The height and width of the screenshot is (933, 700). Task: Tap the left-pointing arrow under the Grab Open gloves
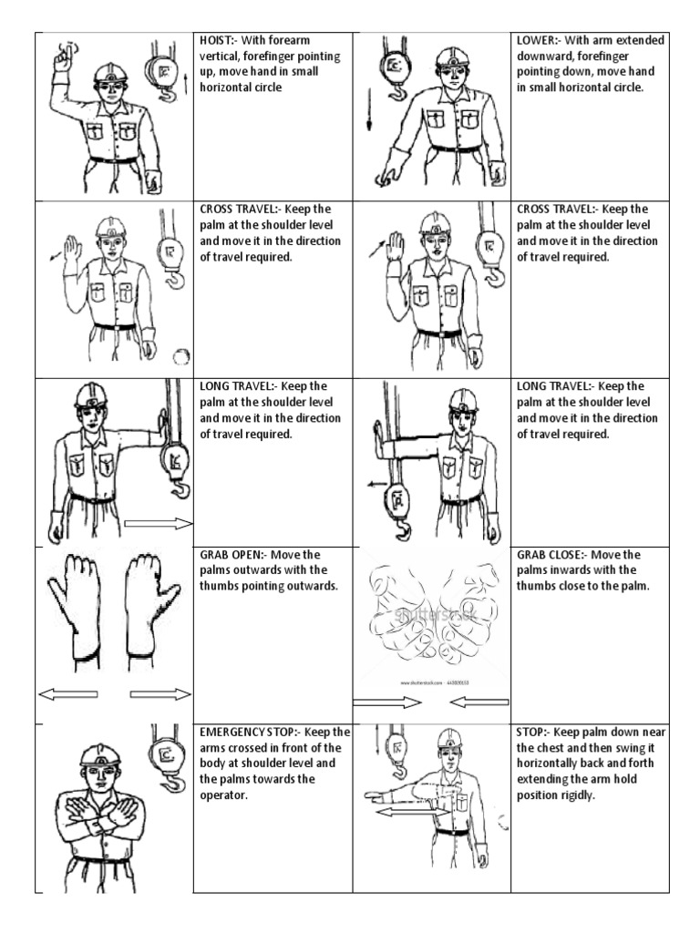[67, 694]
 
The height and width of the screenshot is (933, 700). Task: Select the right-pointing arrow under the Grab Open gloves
[160, 694]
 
